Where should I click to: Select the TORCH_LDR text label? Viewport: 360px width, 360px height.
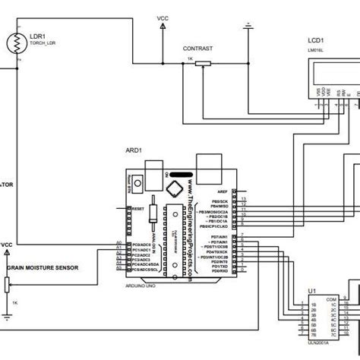click(43, 43)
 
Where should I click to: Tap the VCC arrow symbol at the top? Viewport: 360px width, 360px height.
click(163, 26)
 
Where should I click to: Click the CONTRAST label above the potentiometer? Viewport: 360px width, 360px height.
click(197, 48)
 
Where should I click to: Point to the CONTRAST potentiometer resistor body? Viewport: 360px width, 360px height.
click(200, 65)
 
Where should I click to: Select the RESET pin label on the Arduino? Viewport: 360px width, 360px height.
click(137, 208)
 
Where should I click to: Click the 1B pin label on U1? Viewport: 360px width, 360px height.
click(313, 305)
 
